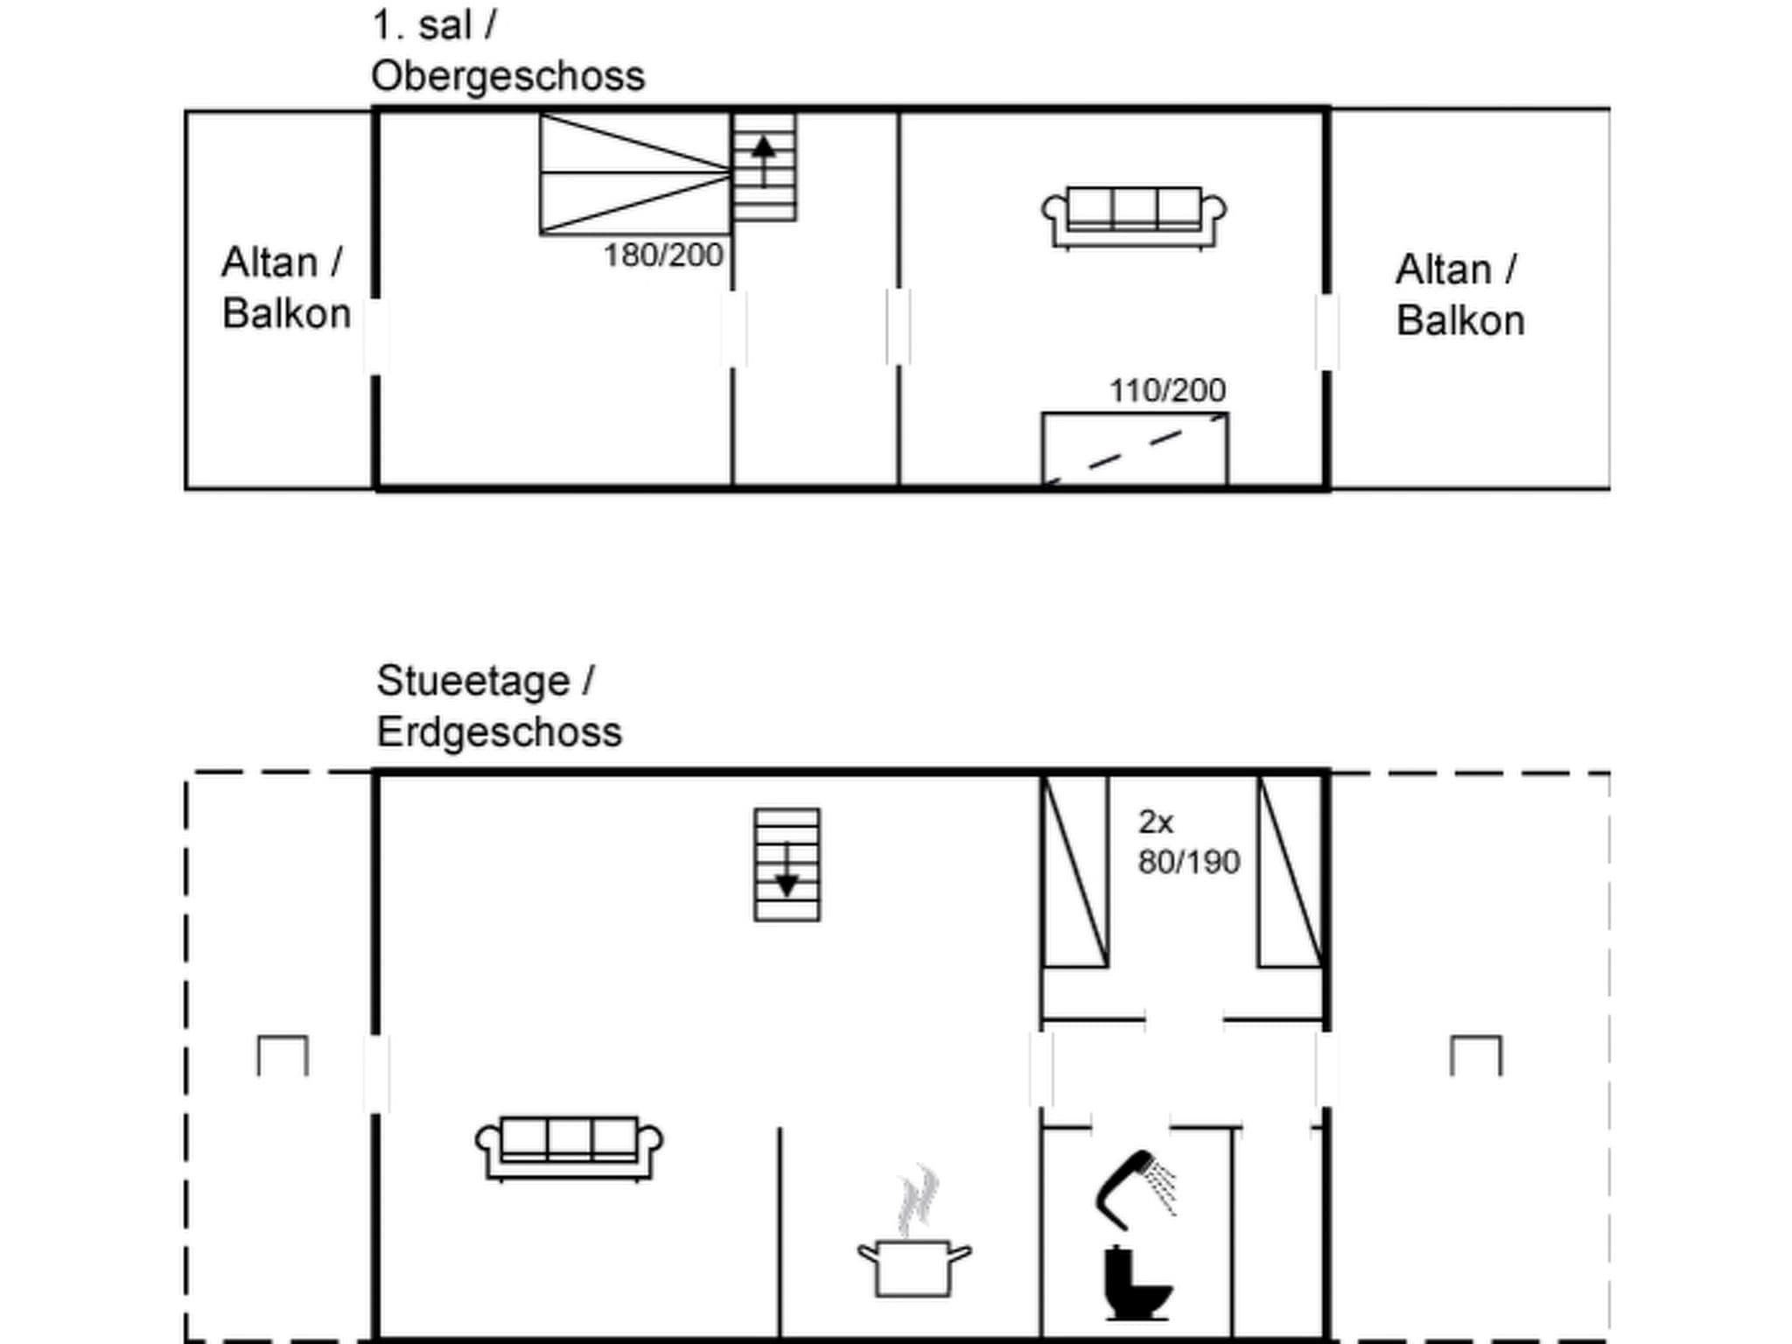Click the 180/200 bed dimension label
663,255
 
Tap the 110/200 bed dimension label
1167,390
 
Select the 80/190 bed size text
1188,863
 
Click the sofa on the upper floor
1133,217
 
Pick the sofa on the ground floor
569,1148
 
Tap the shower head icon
1134,1189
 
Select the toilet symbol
1134,1283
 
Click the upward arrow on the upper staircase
764,157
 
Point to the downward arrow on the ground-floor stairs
787,871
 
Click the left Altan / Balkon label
285,288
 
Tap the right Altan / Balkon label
1459,295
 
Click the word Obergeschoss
507,77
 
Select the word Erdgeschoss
499,732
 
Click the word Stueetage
472,682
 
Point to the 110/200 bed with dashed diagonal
1134,448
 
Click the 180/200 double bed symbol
635,174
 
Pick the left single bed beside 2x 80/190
1075,871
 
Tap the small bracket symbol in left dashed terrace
283,1054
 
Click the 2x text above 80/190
1155,822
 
